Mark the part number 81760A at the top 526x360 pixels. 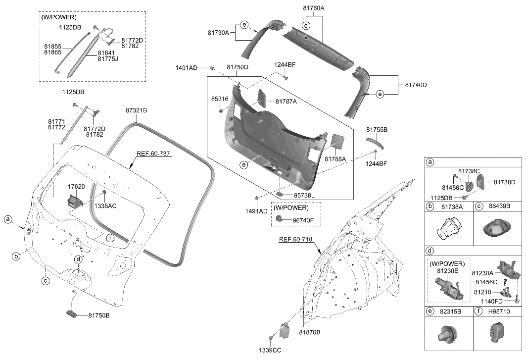(x=313, y=8)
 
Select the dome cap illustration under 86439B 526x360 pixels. (x=497, y=230)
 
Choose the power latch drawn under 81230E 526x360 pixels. (x=447, y=288)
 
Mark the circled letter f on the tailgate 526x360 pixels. (x=110, y=238)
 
